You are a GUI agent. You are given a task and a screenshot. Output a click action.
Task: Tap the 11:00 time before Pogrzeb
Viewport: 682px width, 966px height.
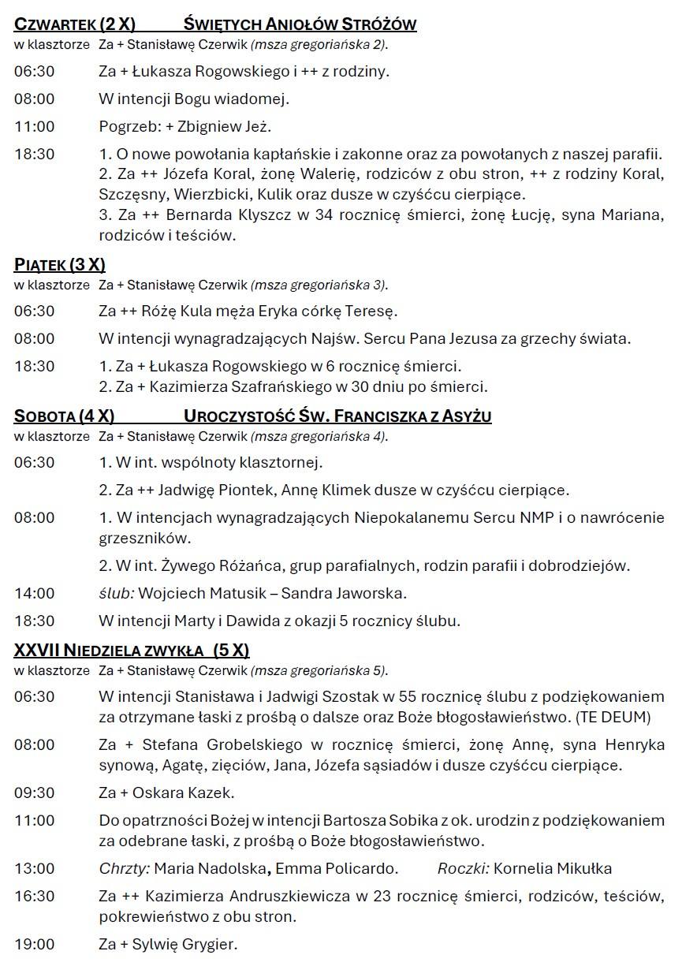pos(34,126)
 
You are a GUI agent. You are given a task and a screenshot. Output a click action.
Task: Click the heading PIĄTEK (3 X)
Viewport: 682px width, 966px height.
pos(60,265)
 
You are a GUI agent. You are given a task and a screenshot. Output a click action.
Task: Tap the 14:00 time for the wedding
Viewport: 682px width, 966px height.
pos(34,593)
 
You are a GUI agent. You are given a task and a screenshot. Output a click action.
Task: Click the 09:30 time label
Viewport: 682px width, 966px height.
pos(34,793)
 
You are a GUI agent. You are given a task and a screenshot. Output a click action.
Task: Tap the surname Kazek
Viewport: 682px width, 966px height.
pos(213,793)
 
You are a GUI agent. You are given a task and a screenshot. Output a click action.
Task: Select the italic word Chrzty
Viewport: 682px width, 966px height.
pos(124,869)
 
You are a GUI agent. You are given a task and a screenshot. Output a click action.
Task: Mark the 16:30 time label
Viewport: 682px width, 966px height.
pos(34,897)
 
